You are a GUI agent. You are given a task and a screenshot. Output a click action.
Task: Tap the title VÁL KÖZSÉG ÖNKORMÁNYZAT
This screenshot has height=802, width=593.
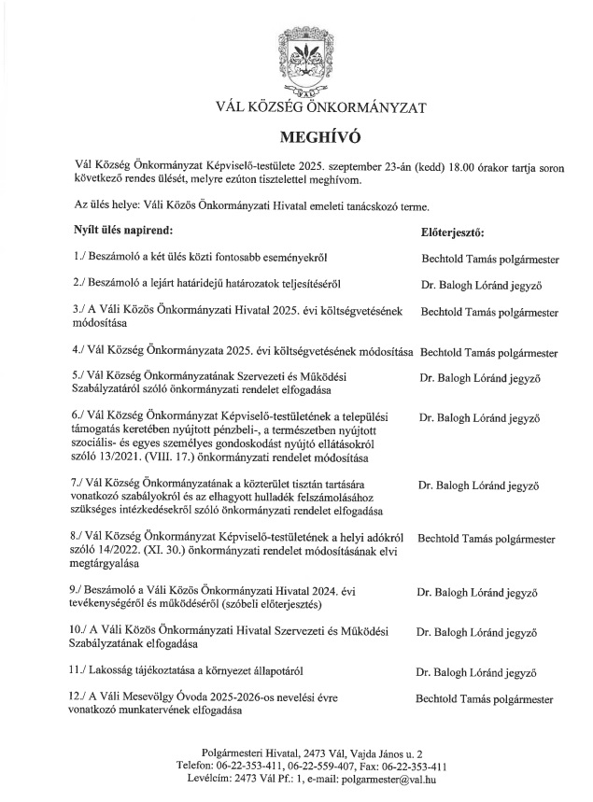[x=296, y=107]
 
